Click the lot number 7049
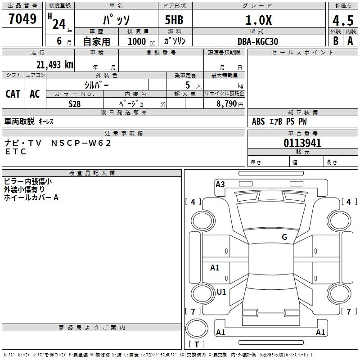pos(22,19)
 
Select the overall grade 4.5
pos(342,20)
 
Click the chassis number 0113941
pos(302,144)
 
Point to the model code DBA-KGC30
pos(258,41)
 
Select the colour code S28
pos(74,103)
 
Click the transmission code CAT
pos(13,94)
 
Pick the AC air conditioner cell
pos(35,94)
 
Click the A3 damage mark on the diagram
pos(220,184)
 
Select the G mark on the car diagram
pos(284,237)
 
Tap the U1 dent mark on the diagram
pos(221,292)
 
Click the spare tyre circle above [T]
pos(197,328)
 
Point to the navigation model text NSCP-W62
pos(81,143)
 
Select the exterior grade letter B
pos(335,40)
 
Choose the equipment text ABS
pos(258,121)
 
